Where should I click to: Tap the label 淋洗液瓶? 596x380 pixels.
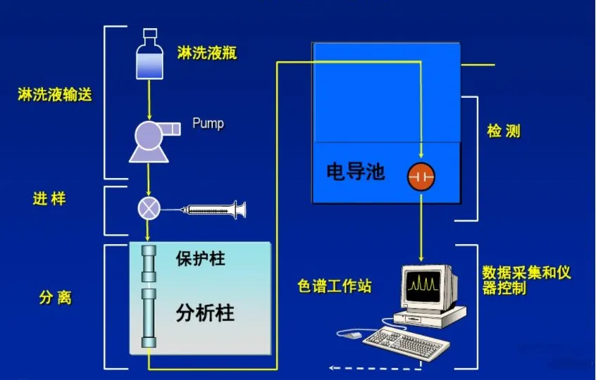(207, 53)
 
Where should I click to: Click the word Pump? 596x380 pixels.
(208, 124)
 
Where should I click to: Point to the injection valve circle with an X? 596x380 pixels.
(149, 208)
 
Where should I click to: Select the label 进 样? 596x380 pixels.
(49, 199)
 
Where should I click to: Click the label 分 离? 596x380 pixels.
(54, 298)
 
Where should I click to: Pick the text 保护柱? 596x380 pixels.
(200, 258)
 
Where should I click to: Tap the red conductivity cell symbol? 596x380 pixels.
(421, 176)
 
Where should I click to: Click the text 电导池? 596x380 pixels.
(356, 171)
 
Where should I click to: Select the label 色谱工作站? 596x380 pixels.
(335, 286)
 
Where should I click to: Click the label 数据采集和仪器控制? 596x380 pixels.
(526, 279)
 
